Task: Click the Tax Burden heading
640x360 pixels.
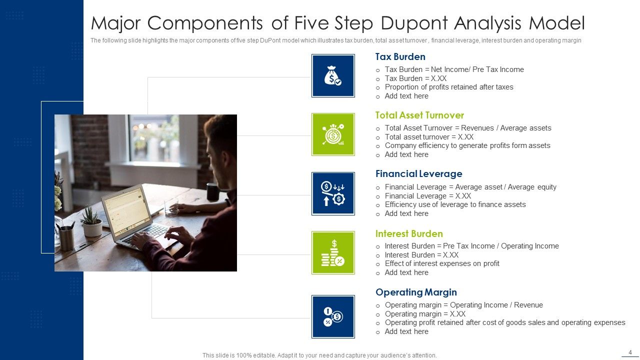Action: pyautogui.click(x=400, y=57)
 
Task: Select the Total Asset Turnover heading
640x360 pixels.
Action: pyautogui.click(x=419, y=115)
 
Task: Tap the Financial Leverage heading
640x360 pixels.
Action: pyautogui.click(x=418, y=174)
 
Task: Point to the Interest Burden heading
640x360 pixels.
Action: pyautogui.click(x=409, y=233)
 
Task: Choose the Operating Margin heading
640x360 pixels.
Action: pyautogui.click(x=416, y=292)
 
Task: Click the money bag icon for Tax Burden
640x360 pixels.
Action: pyautogui.click(x=333, y=75)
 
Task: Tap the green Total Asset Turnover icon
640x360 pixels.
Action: pyautogui.click(x=333, y=134)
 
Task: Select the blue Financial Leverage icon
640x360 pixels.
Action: pyautogui.click(x=333, y=193)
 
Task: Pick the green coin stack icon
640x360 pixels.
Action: pyautogui.click(x=333, y=252)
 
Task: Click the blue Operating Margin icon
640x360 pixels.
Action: pyautogui.click(x=333, y=316)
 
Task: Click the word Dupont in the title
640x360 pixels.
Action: pyautogui.click(x=412, y=23)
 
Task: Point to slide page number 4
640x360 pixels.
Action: pyautogui.click(x=630, y=352)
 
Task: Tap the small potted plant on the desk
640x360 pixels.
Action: pyautogui.click(x=91, y=223)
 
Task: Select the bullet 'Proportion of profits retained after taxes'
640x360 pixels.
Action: pyautogui.click(x=449, y=87)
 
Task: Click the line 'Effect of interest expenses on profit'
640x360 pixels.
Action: pyautogui.click(x=442, y=263)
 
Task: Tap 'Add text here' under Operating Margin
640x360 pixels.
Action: pyautogui.click(x=406, y=331)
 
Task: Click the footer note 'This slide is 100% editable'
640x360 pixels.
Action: pyautogui.click(x=319, y=355)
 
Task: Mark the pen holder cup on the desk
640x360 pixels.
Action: pyautogui.click(x=66, y=237)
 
